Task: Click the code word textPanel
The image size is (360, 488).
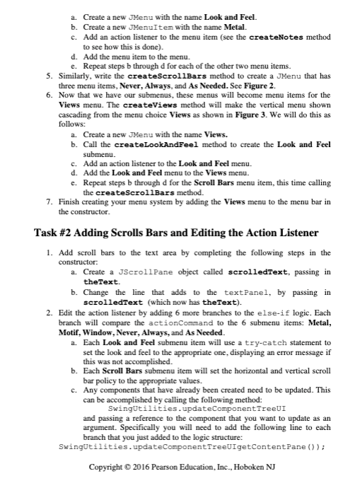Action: [x=244, y=291]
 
